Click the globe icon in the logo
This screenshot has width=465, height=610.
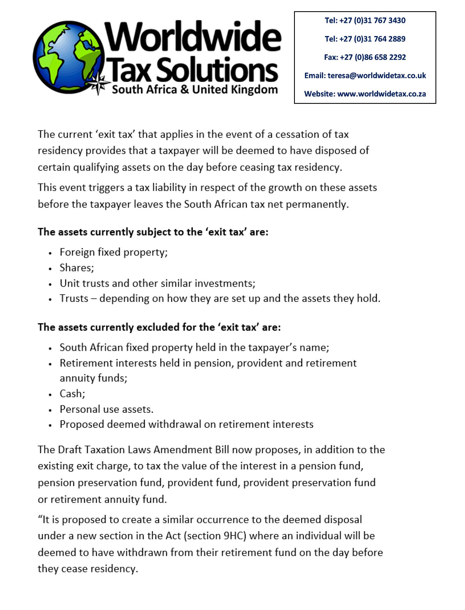point(69,57)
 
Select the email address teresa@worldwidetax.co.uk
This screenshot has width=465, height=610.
point(377,75)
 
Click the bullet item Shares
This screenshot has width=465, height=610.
point(77,268)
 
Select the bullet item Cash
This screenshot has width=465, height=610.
point(72,394)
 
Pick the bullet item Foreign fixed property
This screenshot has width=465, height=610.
point(114,252)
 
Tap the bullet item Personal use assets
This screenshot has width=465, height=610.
point(107,409)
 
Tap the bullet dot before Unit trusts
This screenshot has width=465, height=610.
point(50,284)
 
